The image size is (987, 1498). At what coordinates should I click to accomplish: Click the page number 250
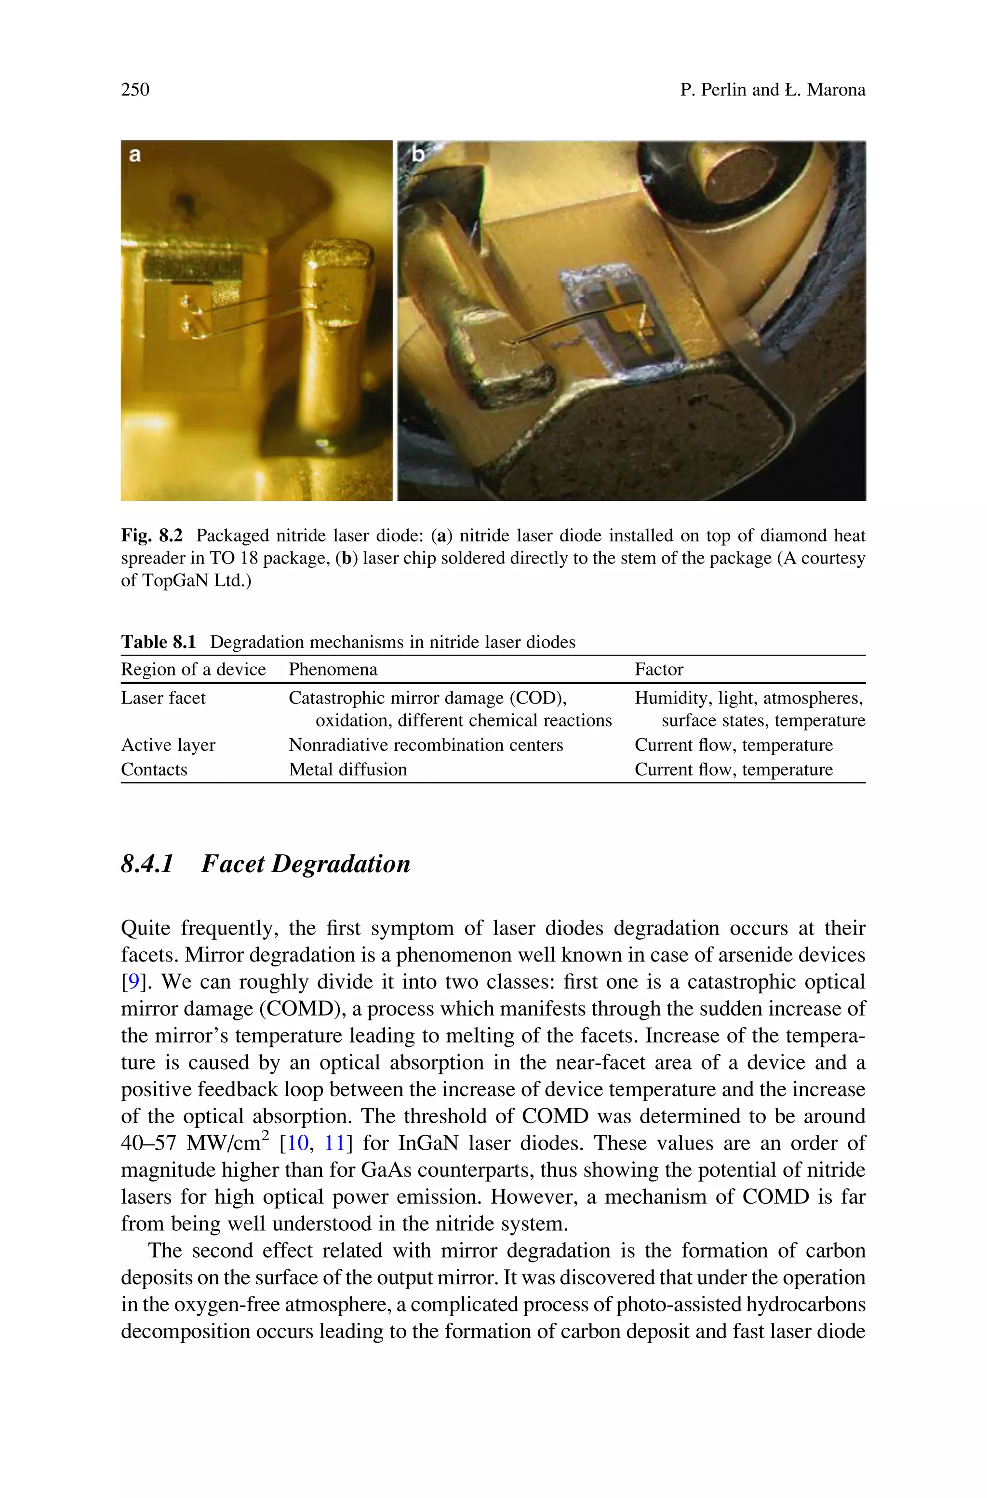tap(135, 89)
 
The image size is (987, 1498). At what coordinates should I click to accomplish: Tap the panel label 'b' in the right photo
tap(418, 154)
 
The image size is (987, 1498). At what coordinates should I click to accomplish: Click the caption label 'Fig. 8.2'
tap(152, 536)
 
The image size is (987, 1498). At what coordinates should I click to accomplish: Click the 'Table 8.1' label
tap(159, 642)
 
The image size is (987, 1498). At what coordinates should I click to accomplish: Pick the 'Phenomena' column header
tap(333, 669)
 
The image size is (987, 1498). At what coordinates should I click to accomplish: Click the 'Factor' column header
tap(658, 669)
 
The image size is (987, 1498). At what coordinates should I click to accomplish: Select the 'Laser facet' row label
tap(163, 698)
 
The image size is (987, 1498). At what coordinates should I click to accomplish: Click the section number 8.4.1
tap(147, 864)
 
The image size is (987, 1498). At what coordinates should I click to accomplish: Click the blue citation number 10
tap(298, 1143)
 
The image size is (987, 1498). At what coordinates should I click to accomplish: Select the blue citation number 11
tap(334, 1143)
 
